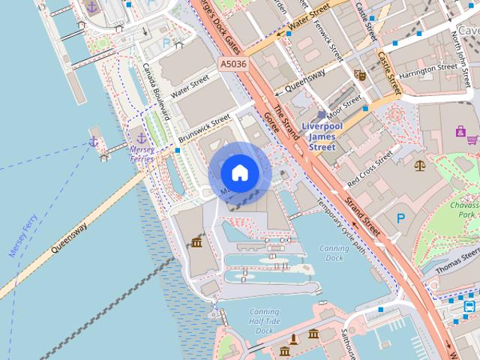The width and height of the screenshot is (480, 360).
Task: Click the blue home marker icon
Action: click(x=239, y=173)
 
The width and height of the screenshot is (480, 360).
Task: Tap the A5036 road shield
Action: click(x=233, y=65)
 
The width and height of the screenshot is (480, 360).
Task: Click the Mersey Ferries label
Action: click(x=142, y=154)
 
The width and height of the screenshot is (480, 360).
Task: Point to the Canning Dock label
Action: click(x=334, y=253)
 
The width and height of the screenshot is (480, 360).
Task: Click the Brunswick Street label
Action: click(x=204, y=130)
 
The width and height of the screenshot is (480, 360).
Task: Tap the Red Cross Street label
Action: click(x=370, y=169)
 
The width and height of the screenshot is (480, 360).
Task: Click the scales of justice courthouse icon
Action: click(x=418, y=163)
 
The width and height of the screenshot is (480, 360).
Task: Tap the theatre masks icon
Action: click(x=360, y=74)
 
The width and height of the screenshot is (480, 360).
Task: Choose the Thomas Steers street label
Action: click(x=457, y=262)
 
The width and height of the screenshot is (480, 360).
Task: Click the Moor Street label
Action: click(x=344, y=103)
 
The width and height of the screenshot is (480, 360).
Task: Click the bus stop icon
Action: click(x=469, y=306)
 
